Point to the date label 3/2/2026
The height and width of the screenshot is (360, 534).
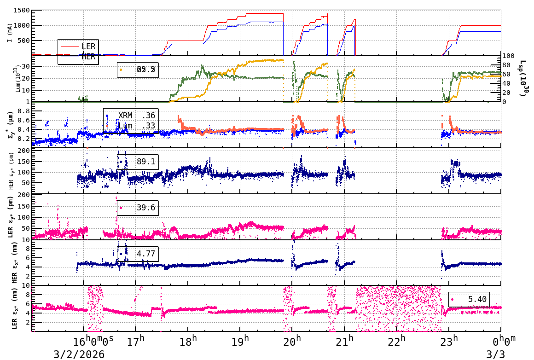(x=79, y=354)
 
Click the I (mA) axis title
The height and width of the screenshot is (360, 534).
(x=10, y=33)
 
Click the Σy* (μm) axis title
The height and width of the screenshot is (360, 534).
(x=10, y=125)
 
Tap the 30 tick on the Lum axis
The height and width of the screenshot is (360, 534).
(x=25, y=67)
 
